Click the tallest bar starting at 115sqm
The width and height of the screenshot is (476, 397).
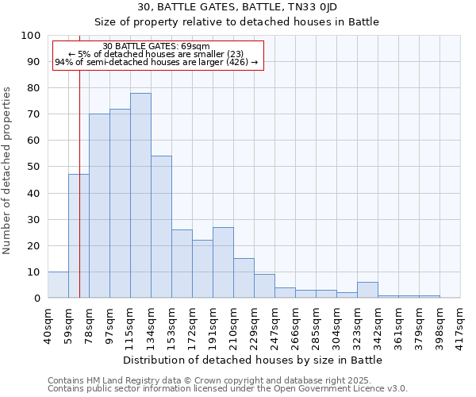(x=140, y=195)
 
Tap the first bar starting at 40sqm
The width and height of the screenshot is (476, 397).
(x=58, y=284)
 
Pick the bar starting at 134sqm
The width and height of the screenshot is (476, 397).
(x=161, y=227)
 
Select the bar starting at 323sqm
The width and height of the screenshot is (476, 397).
(x=367, y=290)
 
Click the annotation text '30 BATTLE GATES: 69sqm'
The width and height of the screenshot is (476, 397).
(x=156, y=47)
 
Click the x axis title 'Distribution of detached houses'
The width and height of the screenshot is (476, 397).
(x=254, y=360)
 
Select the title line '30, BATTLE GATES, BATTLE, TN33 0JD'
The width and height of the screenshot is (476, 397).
(x=238, y=7)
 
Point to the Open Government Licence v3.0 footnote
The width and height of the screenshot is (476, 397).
(x=227, y=388)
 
